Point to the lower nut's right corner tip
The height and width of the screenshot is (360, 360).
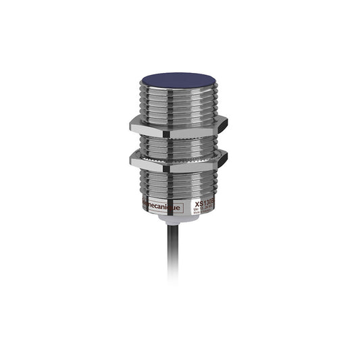tap(226, 159)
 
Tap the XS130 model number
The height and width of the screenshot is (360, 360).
tap(204, 203)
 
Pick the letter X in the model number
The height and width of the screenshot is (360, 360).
tap(197, 203)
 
